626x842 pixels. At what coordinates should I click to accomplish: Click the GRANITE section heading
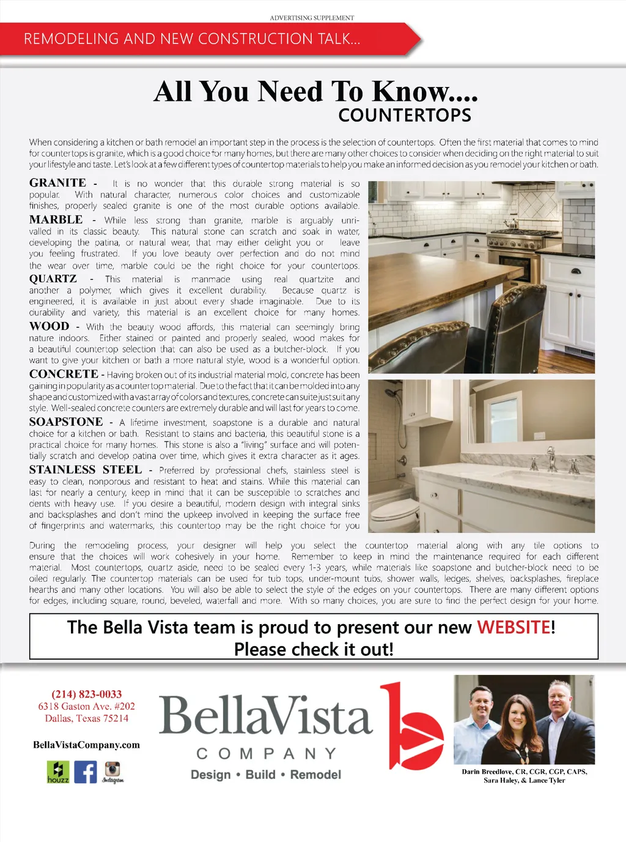(x=57, y=183)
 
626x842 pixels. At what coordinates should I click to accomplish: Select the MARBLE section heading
(x=56, y=220)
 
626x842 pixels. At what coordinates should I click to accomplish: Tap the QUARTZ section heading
(x=53, y=279)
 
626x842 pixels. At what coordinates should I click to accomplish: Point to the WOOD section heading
(x=49, y=326)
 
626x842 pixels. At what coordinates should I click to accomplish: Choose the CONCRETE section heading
(x=64, y=374)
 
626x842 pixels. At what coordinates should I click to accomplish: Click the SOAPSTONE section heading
(x=66, y=422)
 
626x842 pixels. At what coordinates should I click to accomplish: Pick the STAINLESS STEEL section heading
(x=86, y=469)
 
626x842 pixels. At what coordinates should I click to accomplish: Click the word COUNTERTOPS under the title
(x=405, y=115)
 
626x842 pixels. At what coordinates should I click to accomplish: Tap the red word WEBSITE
(x=514, y=627)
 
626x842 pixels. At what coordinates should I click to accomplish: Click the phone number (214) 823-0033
(x=87, y=694)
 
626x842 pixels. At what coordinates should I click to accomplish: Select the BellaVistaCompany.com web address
(x=86, y=745)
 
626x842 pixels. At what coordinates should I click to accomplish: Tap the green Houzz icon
(x=58, y=772)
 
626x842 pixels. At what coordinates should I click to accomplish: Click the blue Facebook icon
(x=86, y=772)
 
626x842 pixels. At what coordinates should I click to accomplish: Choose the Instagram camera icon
(x=112, y=770)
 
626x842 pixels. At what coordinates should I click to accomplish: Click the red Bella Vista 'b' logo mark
(x=412, y=728)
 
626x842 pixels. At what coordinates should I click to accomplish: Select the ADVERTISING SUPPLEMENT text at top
(x=312, y=18)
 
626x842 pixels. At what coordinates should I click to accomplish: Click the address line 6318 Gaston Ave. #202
(x=86, y=706)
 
